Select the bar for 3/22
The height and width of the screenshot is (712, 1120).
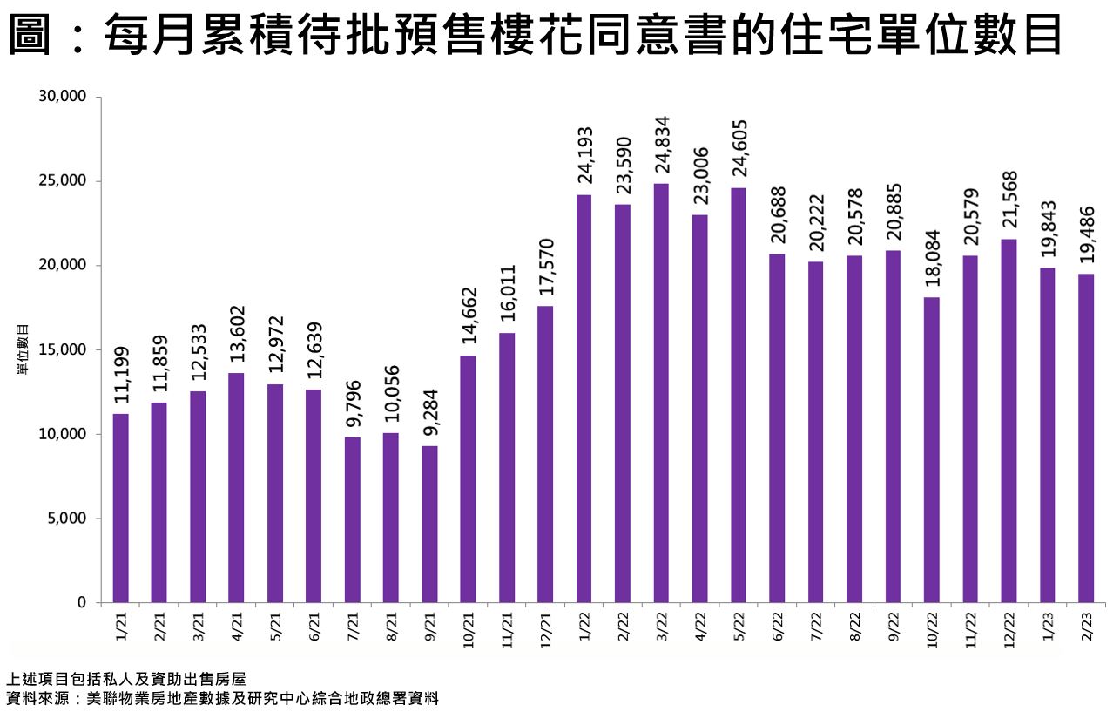pyautogui.click(x=661, y=393)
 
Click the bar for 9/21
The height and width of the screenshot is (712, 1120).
pyautogui.click(x=429, y=524)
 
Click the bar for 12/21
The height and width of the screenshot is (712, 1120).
pyautogui.click(x=545, y=454)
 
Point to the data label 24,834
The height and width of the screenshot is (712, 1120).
pyautogui.click(x=661, y=146)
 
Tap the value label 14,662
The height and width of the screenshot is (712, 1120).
pyautogui.click(x=469, y=317)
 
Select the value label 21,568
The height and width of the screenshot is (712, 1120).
pyautogui.click(x=1009, y=201)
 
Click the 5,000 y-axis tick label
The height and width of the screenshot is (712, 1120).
pyautogui.click(x=67, y=519)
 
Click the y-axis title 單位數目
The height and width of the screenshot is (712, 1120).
pyautogui.click(x=24, y=349)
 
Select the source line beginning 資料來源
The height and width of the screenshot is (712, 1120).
pyautogui.click(x=222, y=699)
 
